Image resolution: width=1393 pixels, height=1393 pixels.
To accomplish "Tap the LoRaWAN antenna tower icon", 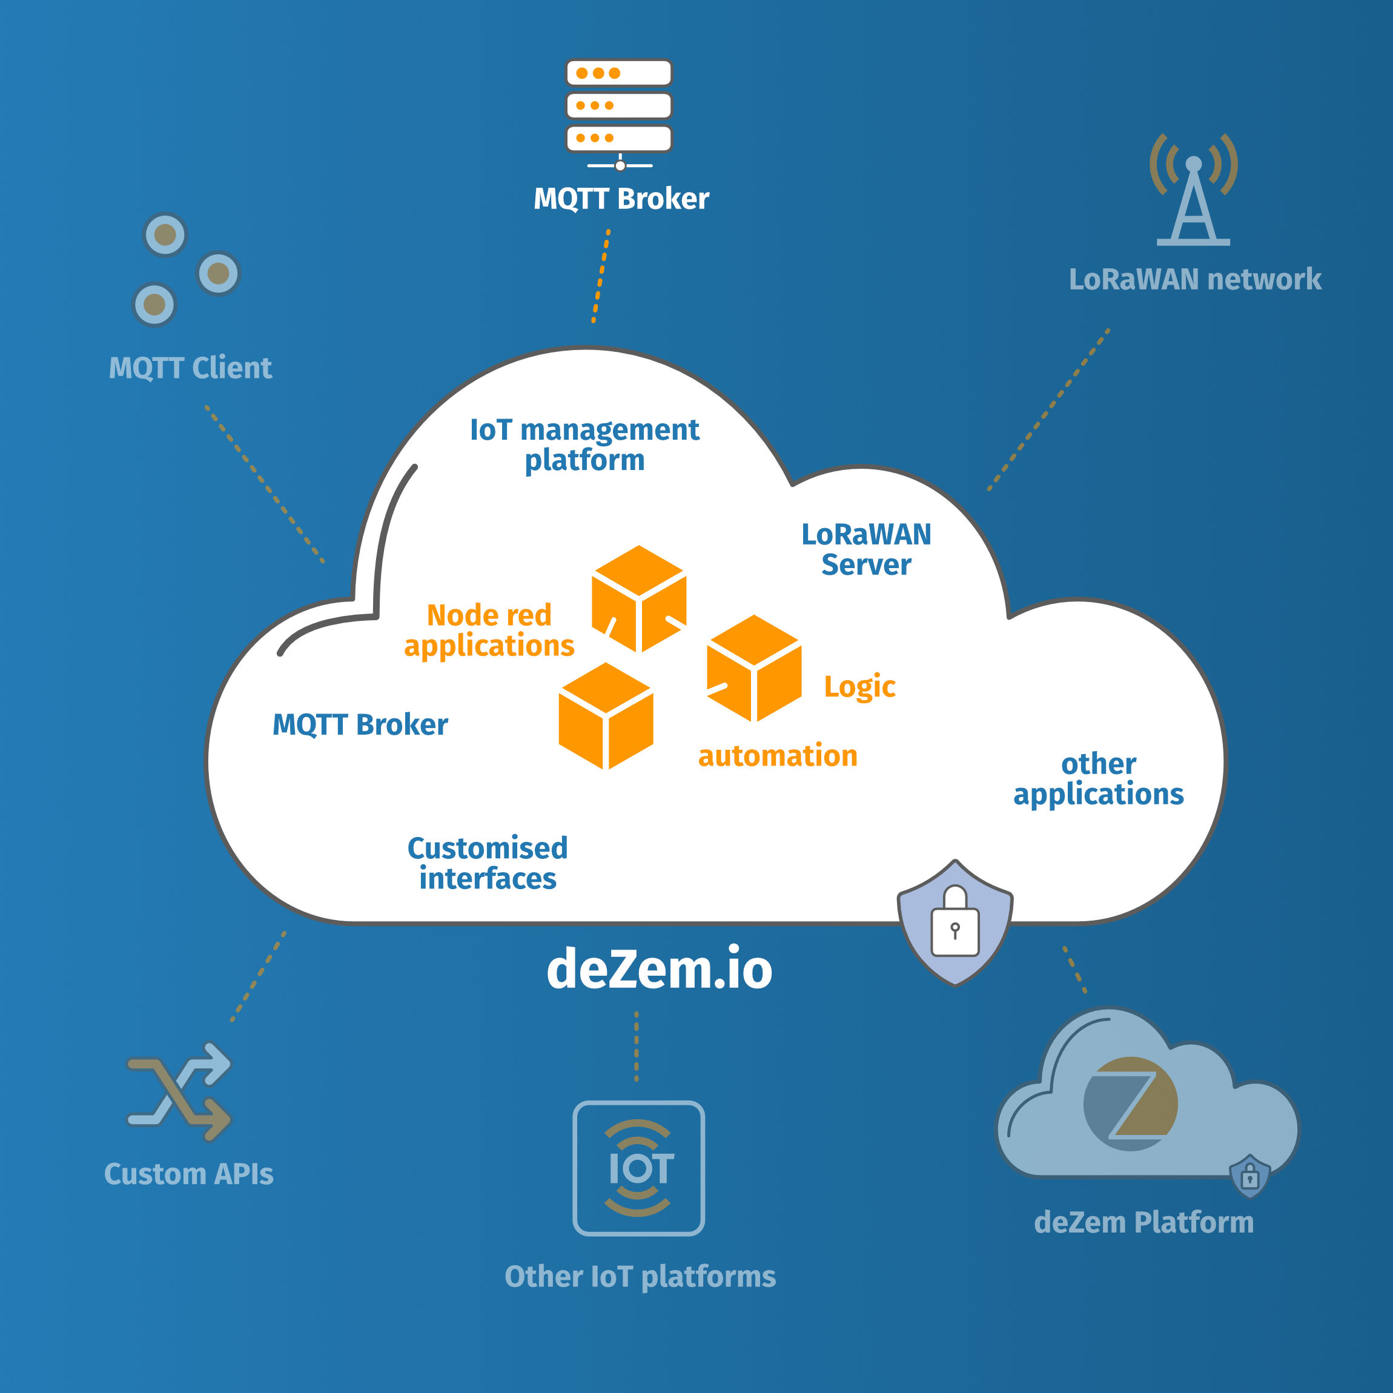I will coord(1193,191).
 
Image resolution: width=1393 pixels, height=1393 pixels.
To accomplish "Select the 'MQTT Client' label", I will coord(190,368).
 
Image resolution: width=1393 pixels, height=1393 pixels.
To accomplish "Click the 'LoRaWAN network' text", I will coord(1195,280).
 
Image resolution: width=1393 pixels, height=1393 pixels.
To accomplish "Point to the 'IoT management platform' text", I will coord(584,445).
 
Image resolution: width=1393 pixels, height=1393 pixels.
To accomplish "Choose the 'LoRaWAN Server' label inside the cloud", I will coord(866,549).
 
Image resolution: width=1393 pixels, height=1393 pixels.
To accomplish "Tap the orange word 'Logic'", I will coord(859,686).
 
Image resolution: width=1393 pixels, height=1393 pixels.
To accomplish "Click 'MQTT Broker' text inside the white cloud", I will coord(360,724).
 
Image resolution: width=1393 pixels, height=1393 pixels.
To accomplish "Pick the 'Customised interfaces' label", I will coord(488,863).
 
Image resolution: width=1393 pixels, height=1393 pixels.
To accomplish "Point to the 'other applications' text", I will coord(1098,779).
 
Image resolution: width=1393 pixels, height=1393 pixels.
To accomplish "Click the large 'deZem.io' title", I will coord(659,968).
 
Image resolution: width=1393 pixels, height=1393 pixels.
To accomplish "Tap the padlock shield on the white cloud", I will coord(955,923).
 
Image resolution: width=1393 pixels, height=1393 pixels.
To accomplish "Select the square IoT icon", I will coord(638,1168).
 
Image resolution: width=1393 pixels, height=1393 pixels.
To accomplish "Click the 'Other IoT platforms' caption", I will coord(640,1276).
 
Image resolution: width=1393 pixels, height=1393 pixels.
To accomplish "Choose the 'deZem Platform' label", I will coord(1143,1222).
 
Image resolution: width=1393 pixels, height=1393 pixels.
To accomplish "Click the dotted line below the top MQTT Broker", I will coord(601,276).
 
